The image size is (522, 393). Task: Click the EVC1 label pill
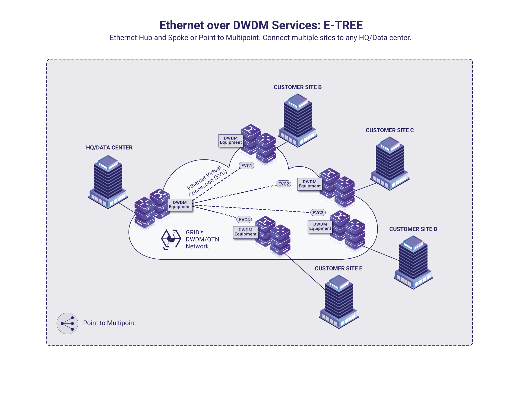pyautogui.click(x=246, y=166)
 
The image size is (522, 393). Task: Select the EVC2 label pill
pyautogui.click(x=283, y=184)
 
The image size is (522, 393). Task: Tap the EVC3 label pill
pyautogui.click(x=318, y=213)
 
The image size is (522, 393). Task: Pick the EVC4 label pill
pyautogui.click(x=244, y=219)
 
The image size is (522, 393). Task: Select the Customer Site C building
pyautogui.click(x=390, y=163)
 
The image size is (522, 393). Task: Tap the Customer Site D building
pyautogui.click(x=413, y=262)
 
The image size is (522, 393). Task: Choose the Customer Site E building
pyautogui.click(x=339, y=301)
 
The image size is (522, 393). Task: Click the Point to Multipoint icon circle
pyautogui.click(x=67, y=323)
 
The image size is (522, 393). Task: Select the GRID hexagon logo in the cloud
pyautogui.click(x=171, y=239)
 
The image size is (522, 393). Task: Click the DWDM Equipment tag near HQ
pyautogui.click(x=180, y=205)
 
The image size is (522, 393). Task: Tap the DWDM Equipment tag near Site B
pyautogui.click(x=231, y=140)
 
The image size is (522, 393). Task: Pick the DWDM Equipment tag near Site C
pyautogui.click(x=309, y=184)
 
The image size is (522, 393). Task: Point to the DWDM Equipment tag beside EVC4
pyautogui.click(x=245, y=232)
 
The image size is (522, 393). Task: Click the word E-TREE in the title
pyautogui.click(x=343, y=25)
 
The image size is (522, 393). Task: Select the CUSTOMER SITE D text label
pyautogui.click(x=413, y=229)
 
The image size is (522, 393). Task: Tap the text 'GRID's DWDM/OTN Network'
pyautogui.click(x=202, y=239)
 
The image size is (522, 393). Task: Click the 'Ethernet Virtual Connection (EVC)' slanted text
pyautogui.click(x=207, y=181)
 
